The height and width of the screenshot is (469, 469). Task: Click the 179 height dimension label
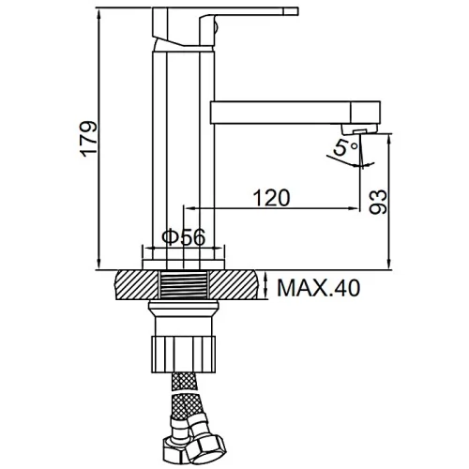tap(89, 139)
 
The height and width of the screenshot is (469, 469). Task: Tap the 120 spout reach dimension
tap(271, 198)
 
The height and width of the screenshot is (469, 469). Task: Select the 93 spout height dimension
tap(378, 202)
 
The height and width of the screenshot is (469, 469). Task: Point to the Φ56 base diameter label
tap(184, 237)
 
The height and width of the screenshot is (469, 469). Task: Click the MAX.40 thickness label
tap(319, 288)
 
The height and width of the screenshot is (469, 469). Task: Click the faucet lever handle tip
tap(291, 11)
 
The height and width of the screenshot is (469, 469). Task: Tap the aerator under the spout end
tap(359, 129)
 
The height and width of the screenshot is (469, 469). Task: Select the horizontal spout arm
tap(280, 113)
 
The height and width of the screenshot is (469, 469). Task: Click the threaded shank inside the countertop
tap(184, 284)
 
